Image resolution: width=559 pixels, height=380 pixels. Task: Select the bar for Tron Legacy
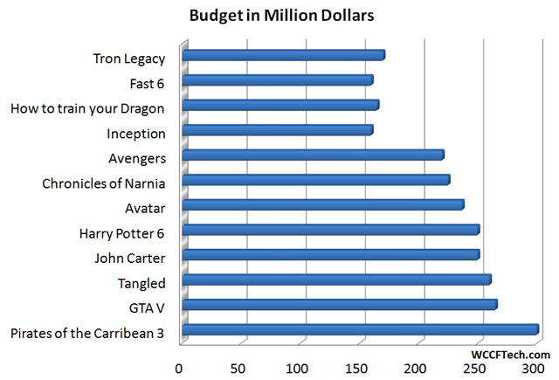284,55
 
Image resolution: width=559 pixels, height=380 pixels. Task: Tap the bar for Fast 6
278,80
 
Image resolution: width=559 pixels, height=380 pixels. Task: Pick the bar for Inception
278,131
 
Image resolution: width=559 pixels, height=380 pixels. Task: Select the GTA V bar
340,305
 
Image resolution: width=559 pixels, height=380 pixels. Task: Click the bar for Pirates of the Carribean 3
360,330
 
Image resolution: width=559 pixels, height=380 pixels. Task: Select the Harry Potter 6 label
121,233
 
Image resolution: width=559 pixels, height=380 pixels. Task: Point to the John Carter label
129,258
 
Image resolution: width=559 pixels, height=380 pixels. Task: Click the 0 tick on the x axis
180,368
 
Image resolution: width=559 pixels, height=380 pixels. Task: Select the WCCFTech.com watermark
510,355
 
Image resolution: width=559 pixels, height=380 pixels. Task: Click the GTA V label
147,307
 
